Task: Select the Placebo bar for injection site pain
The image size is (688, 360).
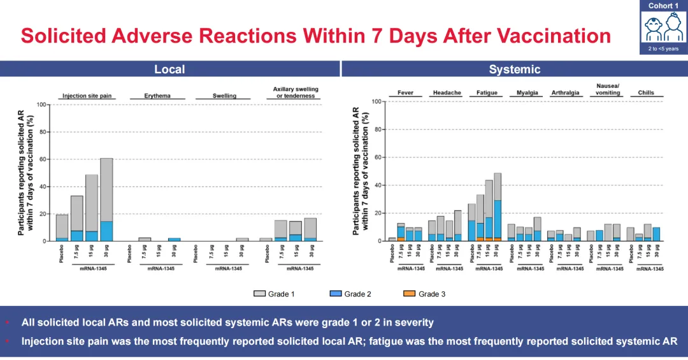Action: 62,227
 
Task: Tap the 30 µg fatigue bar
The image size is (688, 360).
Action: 497,207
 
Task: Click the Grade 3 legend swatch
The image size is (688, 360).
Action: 409,294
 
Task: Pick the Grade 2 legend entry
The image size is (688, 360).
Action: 351,294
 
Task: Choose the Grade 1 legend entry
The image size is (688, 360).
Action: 275,294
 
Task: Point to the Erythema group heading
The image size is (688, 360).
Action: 157,96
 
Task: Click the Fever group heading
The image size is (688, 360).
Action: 405,93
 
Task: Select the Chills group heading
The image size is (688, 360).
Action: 646,93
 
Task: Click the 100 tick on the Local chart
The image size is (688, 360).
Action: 41,104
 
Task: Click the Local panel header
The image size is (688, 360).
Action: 169,69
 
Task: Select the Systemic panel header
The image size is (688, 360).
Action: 514,69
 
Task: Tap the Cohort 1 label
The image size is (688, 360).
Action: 663,6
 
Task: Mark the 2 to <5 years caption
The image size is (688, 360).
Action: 663,48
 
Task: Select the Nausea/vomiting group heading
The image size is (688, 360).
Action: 608,89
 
